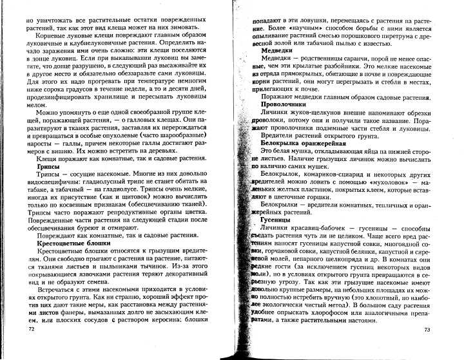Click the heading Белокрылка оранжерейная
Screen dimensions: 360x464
(x=304, y=142)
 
